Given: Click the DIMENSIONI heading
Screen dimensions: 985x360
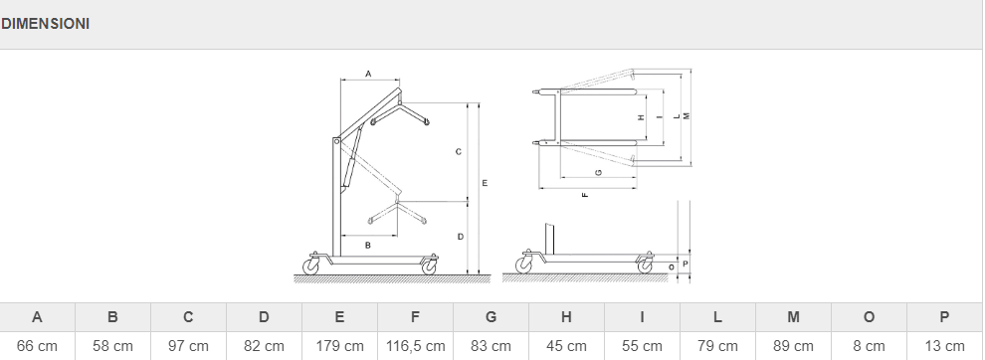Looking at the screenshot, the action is click(45, 24).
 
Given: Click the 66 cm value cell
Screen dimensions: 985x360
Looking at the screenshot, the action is click(37, 346).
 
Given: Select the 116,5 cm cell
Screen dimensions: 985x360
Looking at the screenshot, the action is click(415, 346).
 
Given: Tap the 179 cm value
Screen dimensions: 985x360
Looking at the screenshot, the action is click(339, 346).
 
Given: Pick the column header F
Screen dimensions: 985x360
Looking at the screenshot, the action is click(415, 317).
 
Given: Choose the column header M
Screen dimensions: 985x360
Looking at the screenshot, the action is click(793, 317).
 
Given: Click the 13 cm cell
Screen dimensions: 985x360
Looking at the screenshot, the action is click(944, 346).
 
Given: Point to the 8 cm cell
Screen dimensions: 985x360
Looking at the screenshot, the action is click(869, 346).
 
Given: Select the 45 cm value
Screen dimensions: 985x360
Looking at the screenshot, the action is click(566, 346).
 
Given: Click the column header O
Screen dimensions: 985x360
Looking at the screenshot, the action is click(869, 317).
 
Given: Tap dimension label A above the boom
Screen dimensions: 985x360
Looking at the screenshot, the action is click(368, 75).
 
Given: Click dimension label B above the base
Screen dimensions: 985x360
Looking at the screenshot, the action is click(368, 245).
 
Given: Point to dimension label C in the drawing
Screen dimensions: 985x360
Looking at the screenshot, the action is click(459, 151).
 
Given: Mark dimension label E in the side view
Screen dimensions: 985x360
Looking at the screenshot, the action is click(485, 183).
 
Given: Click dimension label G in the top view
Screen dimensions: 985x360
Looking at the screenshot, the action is click(599, 172).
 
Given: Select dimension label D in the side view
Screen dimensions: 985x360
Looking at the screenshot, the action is click(461, 237).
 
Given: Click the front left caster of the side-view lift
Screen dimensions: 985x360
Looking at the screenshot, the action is click(311, 266).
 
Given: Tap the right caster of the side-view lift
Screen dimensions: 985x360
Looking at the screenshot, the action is click(430, 267).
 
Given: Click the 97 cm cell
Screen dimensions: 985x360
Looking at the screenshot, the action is click(188, 346).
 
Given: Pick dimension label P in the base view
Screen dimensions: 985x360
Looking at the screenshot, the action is click(685, 264).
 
